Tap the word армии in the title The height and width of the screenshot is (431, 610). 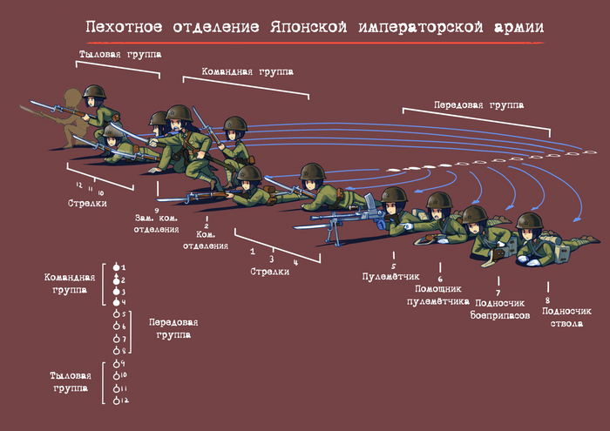pos(518,27)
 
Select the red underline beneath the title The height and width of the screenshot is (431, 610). pos(313,42)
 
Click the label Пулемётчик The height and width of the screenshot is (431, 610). pos(391,276)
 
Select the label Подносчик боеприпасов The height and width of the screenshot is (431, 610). pos(500,309)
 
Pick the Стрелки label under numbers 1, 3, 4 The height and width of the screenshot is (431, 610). pos(270,272)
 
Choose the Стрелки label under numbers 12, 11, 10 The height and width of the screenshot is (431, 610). pos(87,203)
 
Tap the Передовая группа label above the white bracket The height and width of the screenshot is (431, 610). pos(478,104)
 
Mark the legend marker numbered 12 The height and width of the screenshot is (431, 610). pos(116,400)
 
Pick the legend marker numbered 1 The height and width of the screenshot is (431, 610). pos(116,266)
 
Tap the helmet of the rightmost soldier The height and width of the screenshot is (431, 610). pos(530,221)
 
